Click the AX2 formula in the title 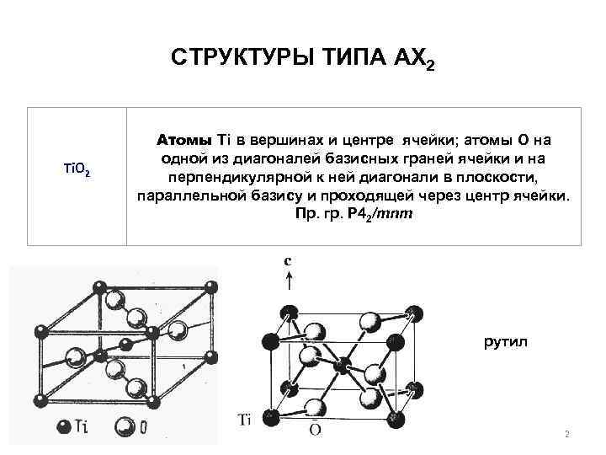413,60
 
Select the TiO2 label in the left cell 77,171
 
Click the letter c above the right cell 289,261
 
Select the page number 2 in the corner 567,435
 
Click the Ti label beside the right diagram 244,418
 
